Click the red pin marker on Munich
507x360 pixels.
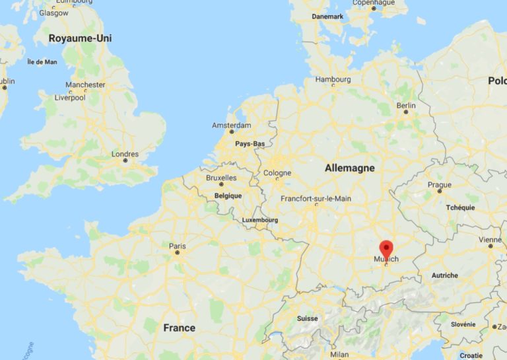click(x=386, y=248)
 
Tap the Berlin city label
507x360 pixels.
click(x=406, y=105)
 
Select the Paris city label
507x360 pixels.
click(x=177, y=246)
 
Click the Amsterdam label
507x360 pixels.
click(x=231, y=125)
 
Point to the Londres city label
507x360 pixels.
click(x=125, y=154)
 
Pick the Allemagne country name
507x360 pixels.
click(x=349, y=168)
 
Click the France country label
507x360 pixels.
click(x=179, y=328)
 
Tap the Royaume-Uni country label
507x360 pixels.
click(x=80, y=38)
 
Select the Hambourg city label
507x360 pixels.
click(x=333, y=79)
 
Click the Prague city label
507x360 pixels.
click(x=439, y=184)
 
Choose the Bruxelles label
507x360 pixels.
click(x=221, y=178)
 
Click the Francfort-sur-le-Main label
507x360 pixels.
click(x=316, y=198)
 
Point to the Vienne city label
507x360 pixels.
click(x=490, y=239)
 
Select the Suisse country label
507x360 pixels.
click(x=307, y=318)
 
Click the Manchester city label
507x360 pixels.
click(x=85, y=85)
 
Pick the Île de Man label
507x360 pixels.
click(x=42, y=62)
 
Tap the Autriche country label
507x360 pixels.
click(x=444, y=275)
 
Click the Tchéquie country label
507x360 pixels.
click(x=460, y=207)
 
